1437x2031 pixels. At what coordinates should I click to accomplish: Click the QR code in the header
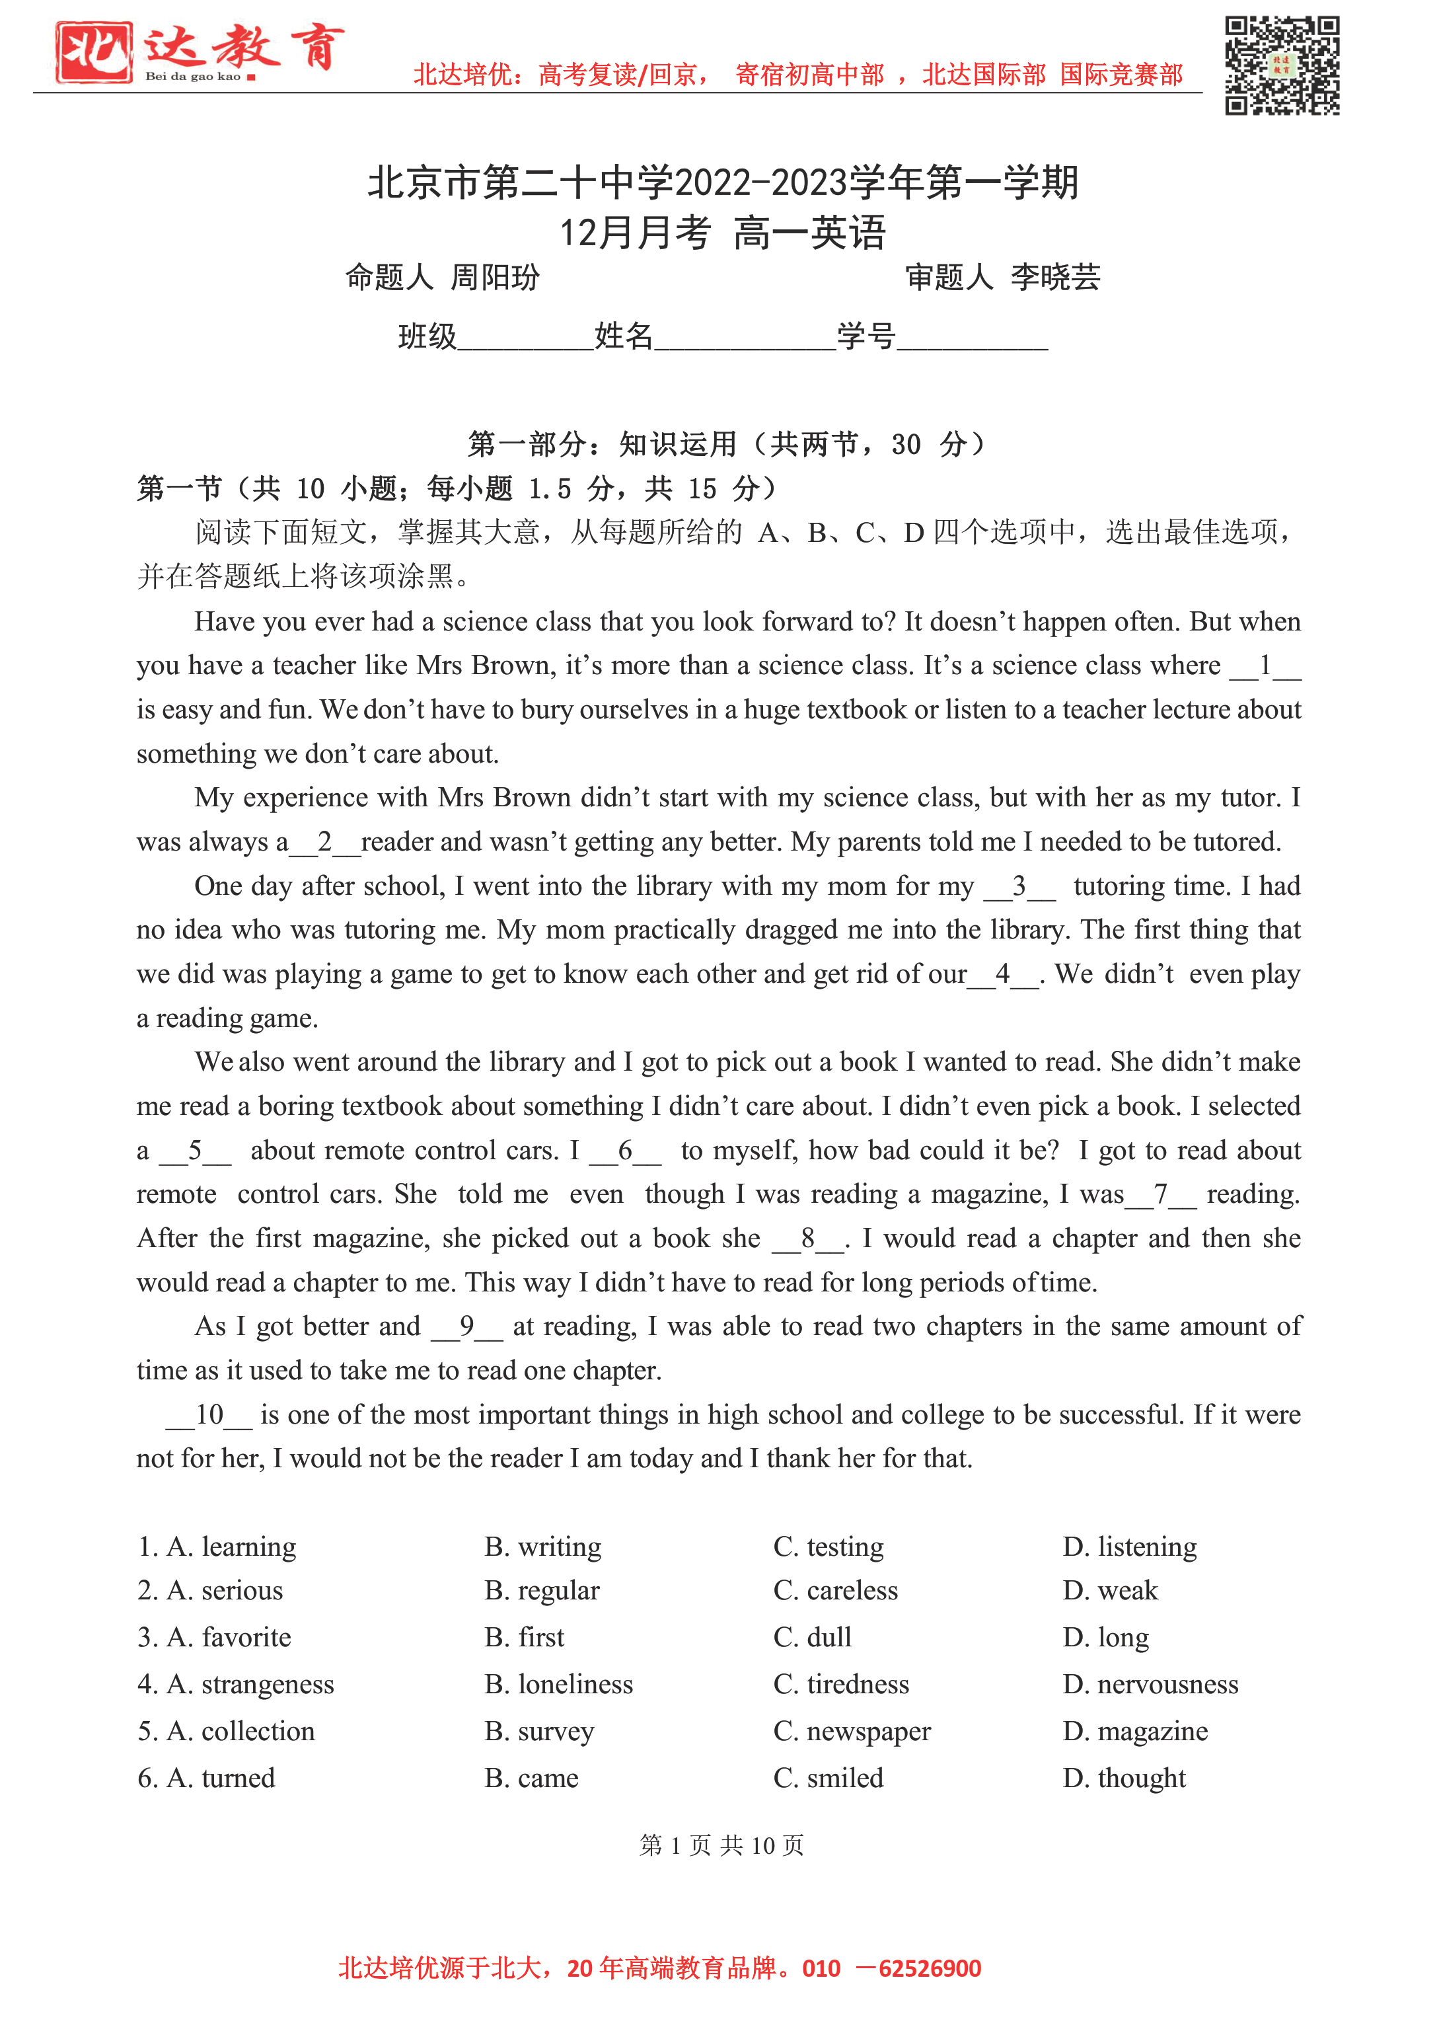(x=1281, y=65)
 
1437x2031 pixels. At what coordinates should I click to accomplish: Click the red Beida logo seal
(x=93, y=53)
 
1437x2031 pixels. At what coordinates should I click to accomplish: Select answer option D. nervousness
(x=1150, y=1684)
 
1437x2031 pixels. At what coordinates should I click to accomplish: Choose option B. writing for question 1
(x=542, y=1546)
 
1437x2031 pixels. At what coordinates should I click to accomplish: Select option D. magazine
(x=1134, y=1731)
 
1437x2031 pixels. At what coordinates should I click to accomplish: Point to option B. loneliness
(x=558, y=1684)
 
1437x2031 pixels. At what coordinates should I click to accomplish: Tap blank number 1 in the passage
(x=1265, y=666)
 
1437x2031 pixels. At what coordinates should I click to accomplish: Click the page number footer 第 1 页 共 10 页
(x=721, y=1845)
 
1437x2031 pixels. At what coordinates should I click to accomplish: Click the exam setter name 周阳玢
(x=495, y=278)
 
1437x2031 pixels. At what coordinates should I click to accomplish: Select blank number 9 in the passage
(x=467, y=1326)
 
